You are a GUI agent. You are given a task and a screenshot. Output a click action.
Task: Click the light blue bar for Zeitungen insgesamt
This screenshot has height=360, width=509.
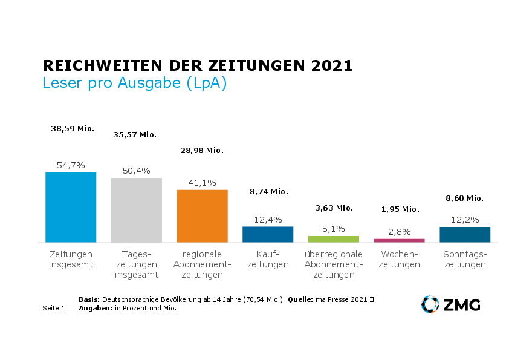click(71, 207)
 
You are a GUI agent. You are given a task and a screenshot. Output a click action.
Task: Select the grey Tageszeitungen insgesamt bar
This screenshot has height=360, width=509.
click(137, 210)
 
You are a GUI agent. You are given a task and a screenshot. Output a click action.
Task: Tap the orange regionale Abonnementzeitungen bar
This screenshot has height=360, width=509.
click(202, 216)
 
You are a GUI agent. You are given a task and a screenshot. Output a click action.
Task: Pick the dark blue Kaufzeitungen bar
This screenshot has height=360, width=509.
click(268, 234)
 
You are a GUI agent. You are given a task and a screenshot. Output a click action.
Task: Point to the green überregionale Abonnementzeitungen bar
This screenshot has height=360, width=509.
click(334, 239)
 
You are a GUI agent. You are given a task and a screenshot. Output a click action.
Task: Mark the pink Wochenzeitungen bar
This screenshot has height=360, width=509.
click(399, 240)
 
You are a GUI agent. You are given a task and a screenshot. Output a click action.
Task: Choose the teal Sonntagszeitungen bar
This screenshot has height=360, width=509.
click(465, 234)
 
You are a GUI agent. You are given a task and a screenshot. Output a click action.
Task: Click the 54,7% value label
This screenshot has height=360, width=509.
click(71, 165)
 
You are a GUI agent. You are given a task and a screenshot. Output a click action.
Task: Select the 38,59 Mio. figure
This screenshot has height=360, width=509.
click(73, 129)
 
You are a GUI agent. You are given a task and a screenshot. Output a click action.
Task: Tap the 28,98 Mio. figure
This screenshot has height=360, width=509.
click(202, 150)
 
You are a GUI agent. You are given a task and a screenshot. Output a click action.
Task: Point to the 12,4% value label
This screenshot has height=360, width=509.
click(268, 219)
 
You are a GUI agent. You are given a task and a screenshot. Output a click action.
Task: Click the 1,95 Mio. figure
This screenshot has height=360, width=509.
click(400, 209)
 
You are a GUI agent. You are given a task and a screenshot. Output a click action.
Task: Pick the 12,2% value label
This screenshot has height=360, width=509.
click(465, 219)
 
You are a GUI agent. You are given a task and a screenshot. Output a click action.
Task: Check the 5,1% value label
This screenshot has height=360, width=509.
click(334, 229)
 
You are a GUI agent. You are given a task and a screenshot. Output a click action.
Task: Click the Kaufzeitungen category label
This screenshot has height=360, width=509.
click(268, 259)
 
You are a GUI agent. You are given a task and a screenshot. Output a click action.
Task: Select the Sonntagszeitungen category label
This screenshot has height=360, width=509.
click(465, 259)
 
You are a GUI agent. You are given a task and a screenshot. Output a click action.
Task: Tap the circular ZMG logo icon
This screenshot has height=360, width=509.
click(430, 304)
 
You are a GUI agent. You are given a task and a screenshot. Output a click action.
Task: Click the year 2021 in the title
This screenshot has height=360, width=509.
click(331, 65)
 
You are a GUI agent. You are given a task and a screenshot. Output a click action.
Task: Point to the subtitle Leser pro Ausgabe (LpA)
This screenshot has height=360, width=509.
click(134, 83)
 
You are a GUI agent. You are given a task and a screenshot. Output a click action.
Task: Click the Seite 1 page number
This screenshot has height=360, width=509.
click(54, 308)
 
